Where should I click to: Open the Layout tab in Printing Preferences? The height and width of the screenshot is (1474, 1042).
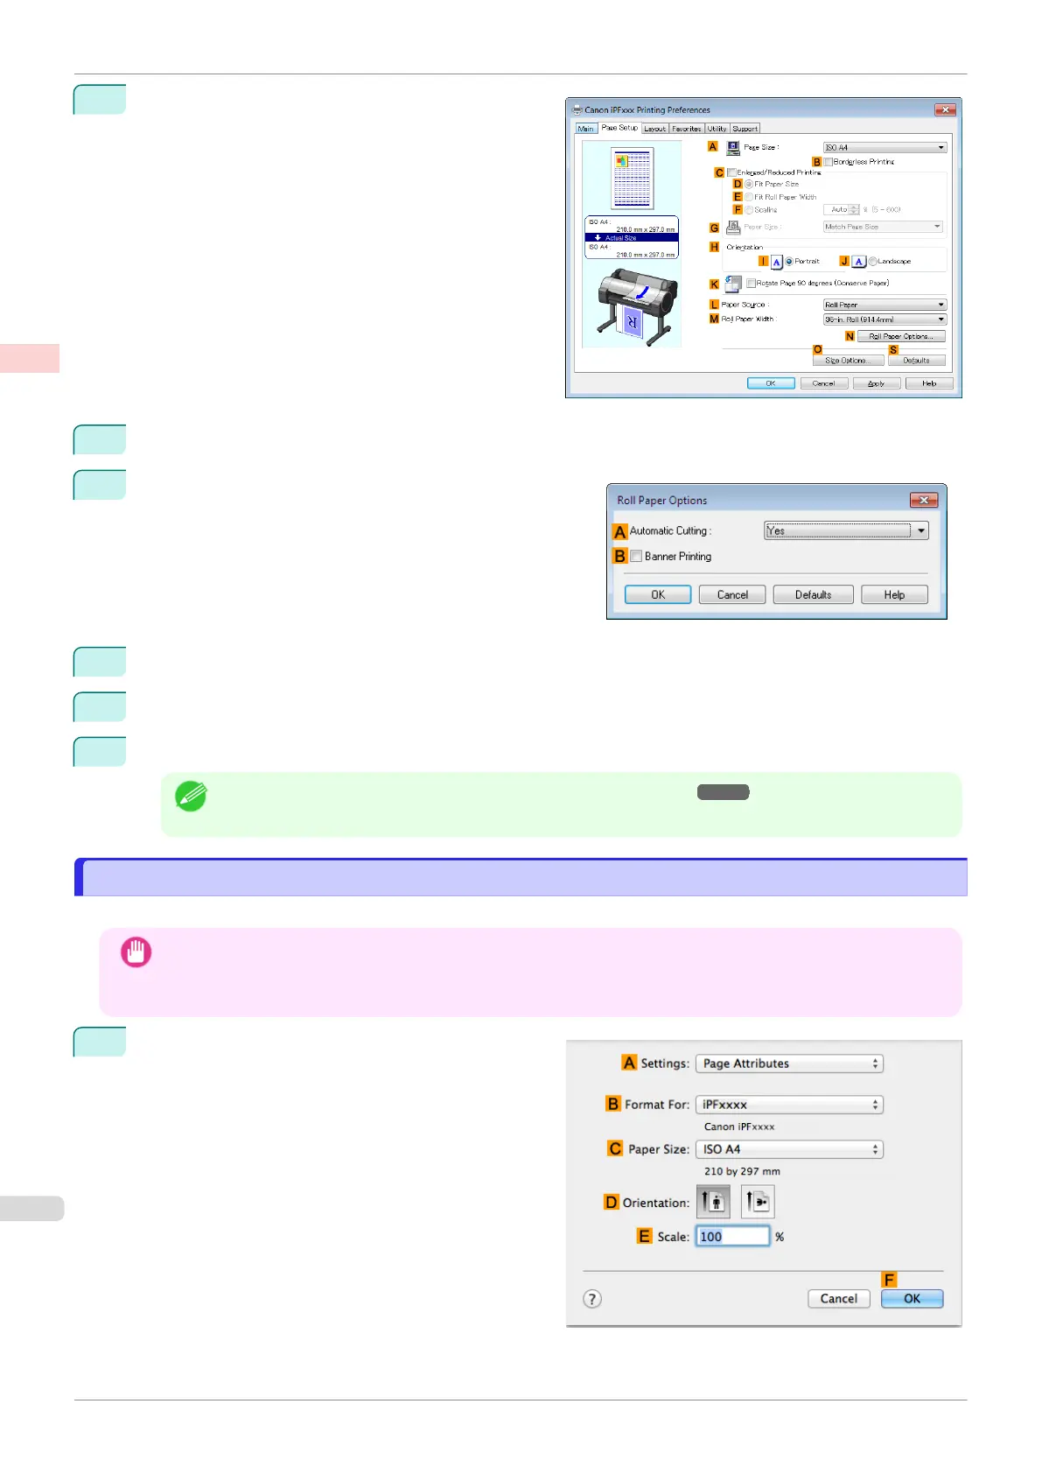[x=654, y=129]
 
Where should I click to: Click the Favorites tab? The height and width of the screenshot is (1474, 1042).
[x=686, y=129]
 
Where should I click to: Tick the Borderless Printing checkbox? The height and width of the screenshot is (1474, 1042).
[x=828, y=162]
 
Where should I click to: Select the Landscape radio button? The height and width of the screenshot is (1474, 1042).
[x=873, y=262]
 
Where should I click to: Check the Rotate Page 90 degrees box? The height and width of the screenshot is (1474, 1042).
[x=751, y=284]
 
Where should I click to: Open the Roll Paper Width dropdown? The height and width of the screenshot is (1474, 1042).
[x=885, y=319]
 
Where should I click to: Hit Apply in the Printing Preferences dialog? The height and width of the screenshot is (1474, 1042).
[x=876, y=383]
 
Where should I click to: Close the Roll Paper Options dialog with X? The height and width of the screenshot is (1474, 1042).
[x=923, y=500]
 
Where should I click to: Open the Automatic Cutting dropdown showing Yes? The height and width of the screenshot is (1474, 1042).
[x=845, y=530]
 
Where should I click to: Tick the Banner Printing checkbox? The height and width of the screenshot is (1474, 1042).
[x=636, y=557]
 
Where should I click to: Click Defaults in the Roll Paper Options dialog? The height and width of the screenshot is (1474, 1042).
[x=813, y=595]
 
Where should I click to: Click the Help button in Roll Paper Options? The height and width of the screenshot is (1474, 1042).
[x=893, y=595]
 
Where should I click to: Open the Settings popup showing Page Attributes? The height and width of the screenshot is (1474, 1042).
[x=789, y=1063]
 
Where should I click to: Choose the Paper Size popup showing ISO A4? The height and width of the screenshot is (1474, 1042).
[x=789, y=1149]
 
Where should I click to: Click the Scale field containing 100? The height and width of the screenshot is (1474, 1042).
[x=732, y=1237]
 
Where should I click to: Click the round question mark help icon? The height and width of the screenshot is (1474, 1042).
[x=592, y=1299]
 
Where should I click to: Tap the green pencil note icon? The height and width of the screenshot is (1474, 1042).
[x=191, y=796]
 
